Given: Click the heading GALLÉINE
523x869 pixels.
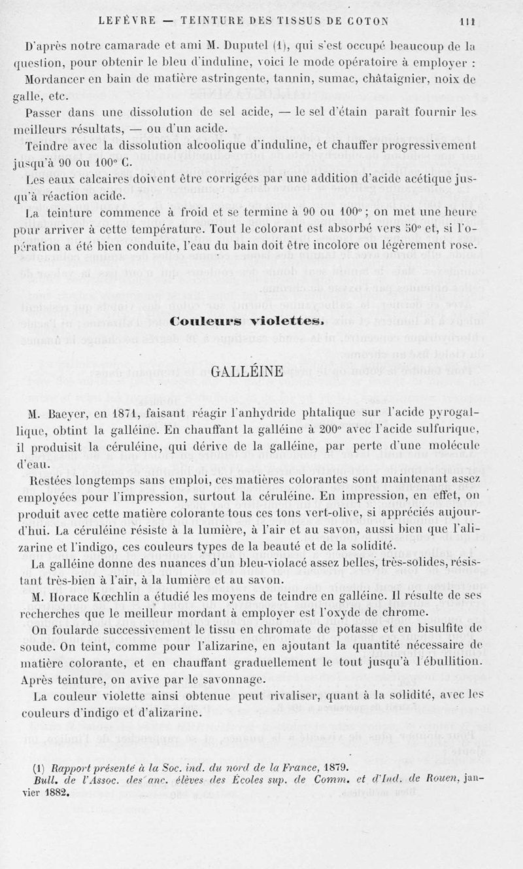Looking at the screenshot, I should coord(248,372).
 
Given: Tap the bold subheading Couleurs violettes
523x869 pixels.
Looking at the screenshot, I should coord(246,321).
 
